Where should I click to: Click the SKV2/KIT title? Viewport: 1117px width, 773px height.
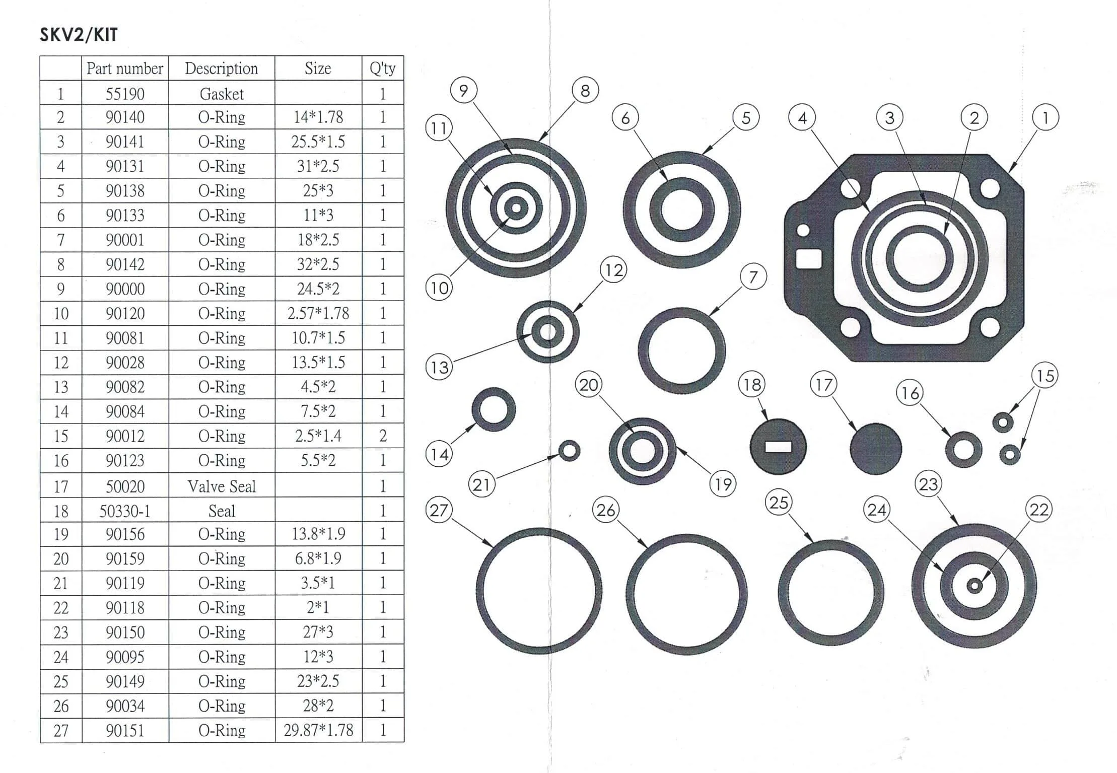[x=79, y=35]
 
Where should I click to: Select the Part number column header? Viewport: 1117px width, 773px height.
[x=124, y=68]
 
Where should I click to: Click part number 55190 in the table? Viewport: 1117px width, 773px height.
[x=124, y=94]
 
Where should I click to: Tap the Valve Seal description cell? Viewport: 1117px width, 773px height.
[x=222, y=486]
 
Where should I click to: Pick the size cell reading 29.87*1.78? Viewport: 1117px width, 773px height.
[x=318, y=730]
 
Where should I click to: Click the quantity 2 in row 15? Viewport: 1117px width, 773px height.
[x=382, y=436]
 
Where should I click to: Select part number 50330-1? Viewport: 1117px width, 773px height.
[x=124, y=511]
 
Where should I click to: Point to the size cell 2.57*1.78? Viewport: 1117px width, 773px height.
[x=318, y=313]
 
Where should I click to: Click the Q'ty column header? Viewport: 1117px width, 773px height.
[x=382, y=68]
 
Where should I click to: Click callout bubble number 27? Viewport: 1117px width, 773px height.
[x=439, y=510]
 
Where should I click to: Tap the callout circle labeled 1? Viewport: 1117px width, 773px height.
[x=1045, y=118]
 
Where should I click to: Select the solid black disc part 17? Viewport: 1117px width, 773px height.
[x=875, y=448]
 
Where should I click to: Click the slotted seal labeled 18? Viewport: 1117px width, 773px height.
[x=778, y=447]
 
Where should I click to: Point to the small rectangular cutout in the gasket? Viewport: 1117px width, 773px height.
[x=808, y=259]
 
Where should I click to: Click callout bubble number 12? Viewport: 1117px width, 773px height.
[x=613, y=270]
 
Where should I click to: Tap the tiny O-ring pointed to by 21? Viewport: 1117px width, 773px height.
[x=570, y=450]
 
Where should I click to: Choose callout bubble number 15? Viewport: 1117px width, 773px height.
[x=1044, y=376]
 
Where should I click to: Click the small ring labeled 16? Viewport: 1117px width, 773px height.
[x=963, y=449]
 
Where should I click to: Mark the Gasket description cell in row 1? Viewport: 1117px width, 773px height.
[x=222, y=94]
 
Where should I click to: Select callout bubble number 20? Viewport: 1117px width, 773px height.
[x=588, y=385]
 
